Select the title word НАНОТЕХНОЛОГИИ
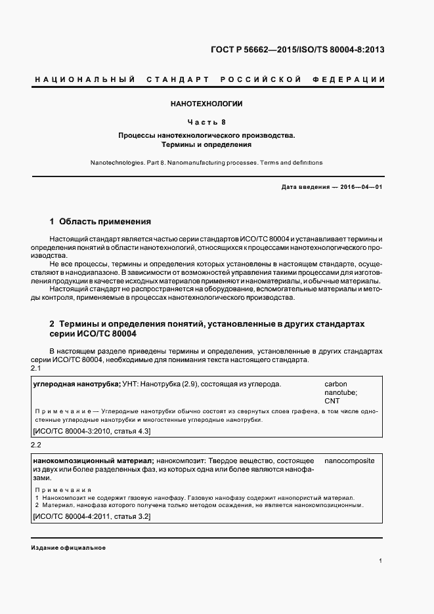click(x=206, y=104)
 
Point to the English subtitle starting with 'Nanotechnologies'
click(x=206, y=162)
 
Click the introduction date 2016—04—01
click(x=360, y=187)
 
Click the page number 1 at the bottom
click(x=381, y=561)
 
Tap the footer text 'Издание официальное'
click(x=68, y=547)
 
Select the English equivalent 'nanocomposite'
click(x=349, y=460)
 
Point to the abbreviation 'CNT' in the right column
click(x=332, y=400)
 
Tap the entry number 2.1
click(x=36, y=370)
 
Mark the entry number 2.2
click(x=36, y=446)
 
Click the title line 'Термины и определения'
click(x=206, y=144)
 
